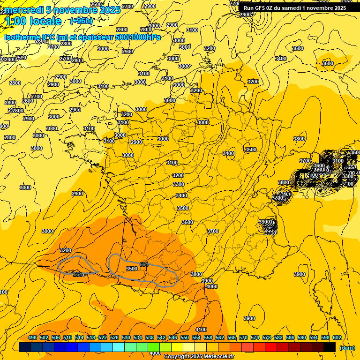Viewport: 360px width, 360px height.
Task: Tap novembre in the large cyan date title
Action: tap(74, 10)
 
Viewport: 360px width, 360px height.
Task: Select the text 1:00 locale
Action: tap(33, 21)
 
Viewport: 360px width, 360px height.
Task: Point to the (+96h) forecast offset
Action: tap(81, 21)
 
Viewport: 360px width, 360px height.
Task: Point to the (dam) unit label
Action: tap(347, 347)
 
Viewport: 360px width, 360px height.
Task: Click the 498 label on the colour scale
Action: tap(32, 338)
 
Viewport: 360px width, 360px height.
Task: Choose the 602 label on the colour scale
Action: tap(337, 338)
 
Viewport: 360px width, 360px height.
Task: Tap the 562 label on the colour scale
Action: tap(220, 338)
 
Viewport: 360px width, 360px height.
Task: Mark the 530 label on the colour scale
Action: tap(126, 338)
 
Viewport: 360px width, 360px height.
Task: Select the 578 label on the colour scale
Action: tap(267, 338)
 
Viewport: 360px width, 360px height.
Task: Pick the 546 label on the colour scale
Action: tap(173, 338)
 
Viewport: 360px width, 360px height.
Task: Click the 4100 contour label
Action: tap(201, 330)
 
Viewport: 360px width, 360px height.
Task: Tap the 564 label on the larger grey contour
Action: tap(144, 265)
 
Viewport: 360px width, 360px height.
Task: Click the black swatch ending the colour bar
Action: tap(330, 347)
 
